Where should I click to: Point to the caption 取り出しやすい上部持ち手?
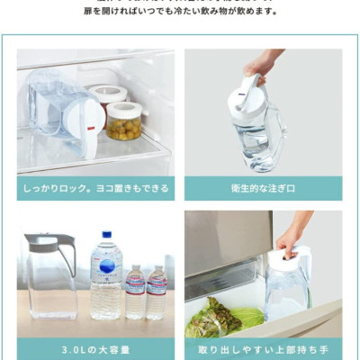click(263, 349)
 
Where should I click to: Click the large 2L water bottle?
click(105, 279)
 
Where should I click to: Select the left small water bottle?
click(135, 292)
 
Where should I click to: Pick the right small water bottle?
click(157, 292)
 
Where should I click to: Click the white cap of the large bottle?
click(105, 235)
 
